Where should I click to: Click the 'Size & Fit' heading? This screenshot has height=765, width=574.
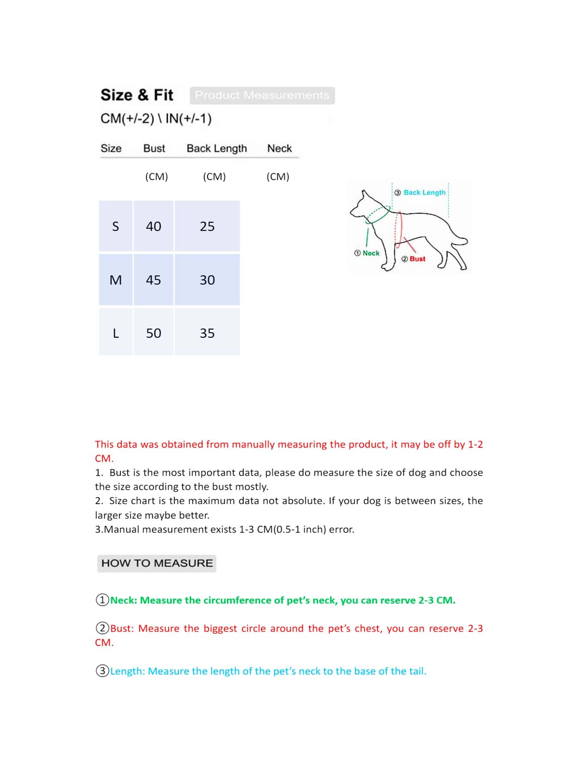click(x=137, y=95)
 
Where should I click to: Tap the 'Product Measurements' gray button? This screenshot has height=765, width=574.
click(x=262, y=95)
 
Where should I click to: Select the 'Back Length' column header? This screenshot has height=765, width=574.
click(x=217, y=148)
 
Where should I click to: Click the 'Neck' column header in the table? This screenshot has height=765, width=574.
click(x=279, y=148)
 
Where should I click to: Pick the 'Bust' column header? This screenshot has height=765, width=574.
click(x=154, y=148)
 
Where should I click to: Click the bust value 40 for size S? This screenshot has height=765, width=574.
click(x=153, y=226)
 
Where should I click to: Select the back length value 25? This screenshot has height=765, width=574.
click(x=207, y=226)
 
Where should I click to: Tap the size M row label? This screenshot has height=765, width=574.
click(x=116, y=280)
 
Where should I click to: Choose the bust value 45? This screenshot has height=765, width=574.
click(x=153, y=280)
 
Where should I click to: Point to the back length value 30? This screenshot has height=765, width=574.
click(x=207, y=280)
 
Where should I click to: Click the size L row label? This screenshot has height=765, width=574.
click(x=116, y=333)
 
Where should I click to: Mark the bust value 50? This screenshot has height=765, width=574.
click(x=153, y=333)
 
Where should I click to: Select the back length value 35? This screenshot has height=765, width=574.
click(x=207, y=333)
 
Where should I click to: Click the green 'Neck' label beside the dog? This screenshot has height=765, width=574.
click(x=371, y=253)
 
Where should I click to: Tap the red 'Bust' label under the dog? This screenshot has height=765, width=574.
click(x=417, y=259)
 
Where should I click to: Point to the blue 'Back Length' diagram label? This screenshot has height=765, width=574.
click(x=424, y=192)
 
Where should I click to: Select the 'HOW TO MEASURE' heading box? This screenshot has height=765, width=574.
click(x=157, y=563)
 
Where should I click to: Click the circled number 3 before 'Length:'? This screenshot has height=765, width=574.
click(x=102, y=671)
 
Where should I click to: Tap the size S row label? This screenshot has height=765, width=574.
click(x=116, y=226)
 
